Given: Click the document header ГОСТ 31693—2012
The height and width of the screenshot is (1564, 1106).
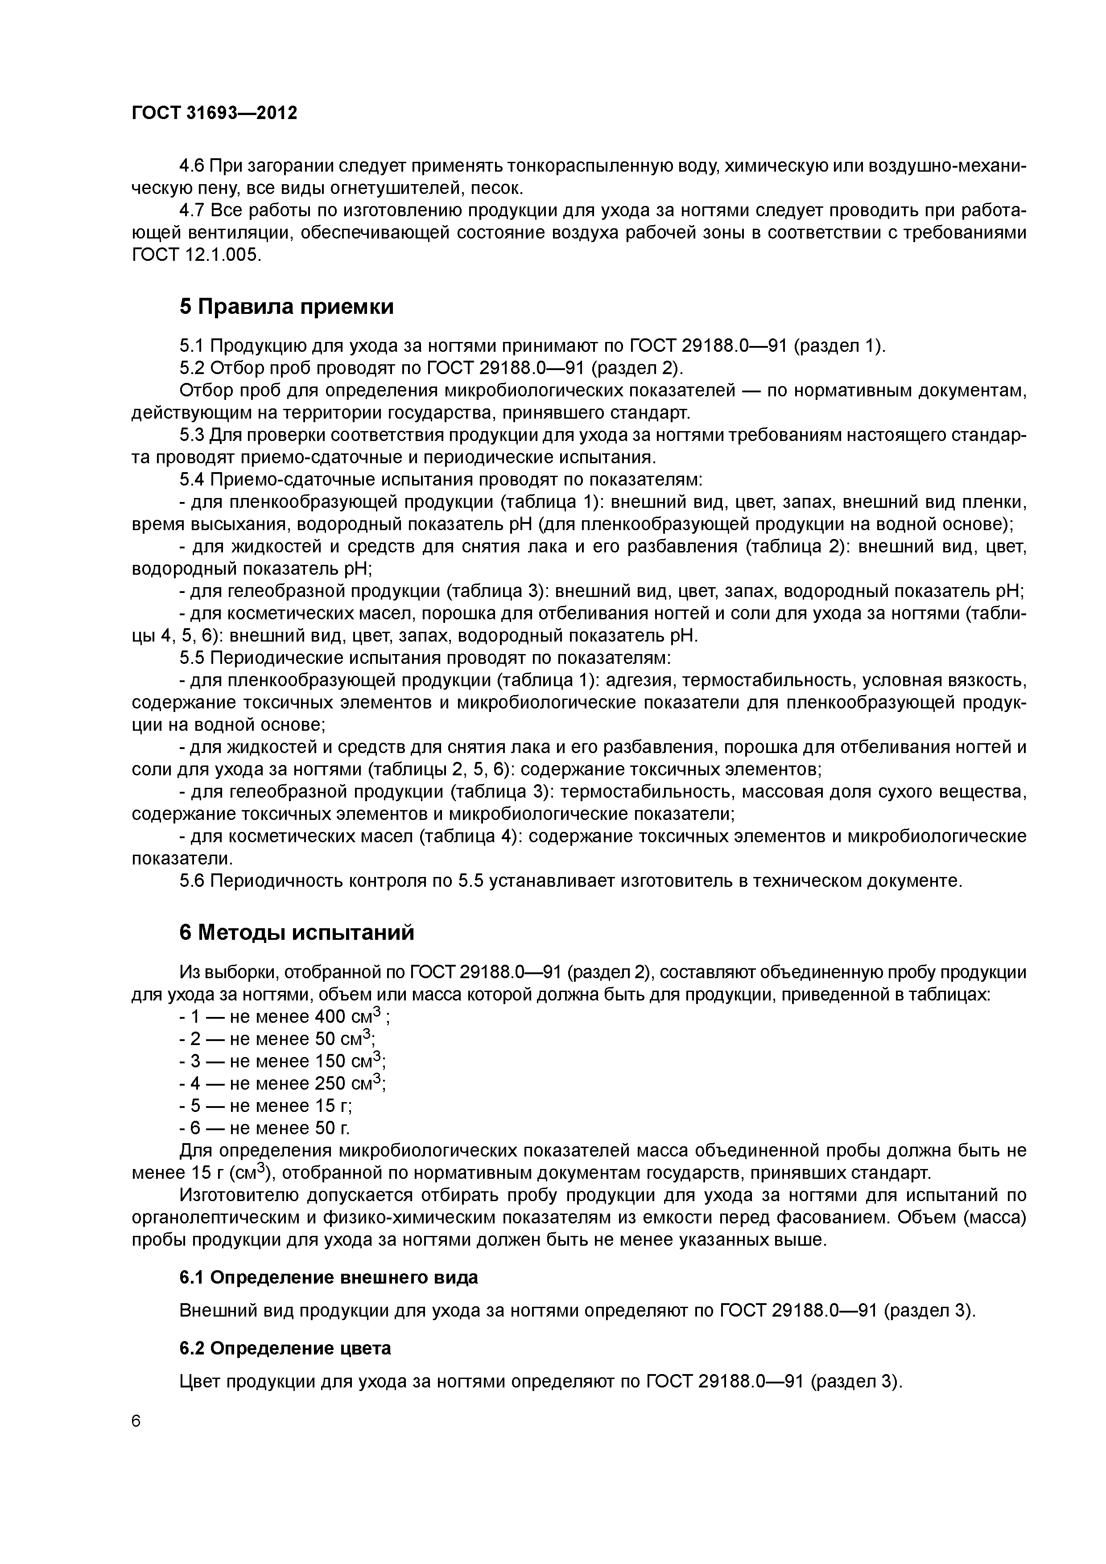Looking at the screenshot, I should point(214,113).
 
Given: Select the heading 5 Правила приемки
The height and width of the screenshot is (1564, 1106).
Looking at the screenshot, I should point(286,307).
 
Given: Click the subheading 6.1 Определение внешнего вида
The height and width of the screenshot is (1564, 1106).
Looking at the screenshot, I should point(329,1277).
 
